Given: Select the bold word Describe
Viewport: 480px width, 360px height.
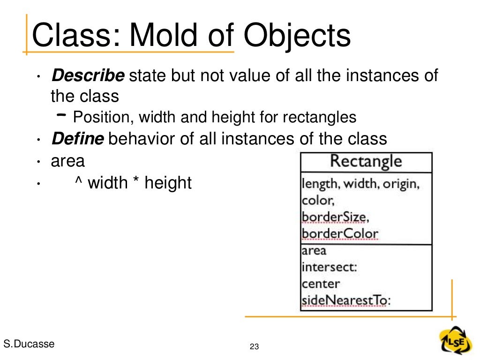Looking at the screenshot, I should (x=88, y=75).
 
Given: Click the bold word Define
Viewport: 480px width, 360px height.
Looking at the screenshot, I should (x=78, y=139).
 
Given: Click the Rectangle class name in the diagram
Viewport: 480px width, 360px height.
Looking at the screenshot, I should (x=366, y=161).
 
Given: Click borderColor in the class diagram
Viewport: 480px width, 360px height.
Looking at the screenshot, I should (x=339, y=233).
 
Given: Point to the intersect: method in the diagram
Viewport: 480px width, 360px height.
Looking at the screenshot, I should (x=329, y=267).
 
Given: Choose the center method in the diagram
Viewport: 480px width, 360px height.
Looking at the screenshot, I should (x=321, y=284).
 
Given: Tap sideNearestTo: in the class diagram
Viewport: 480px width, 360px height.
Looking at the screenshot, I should (x=345, y=300).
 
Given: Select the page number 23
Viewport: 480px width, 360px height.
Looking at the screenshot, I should (x=255, y=347).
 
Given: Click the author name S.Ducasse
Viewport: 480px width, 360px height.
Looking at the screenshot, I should (x=29, y=344).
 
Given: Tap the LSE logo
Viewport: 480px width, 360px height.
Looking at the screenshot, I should (x=452, y=339).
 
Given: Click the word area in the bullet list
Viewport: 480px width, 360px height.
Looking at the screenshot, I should (x=67, y=161).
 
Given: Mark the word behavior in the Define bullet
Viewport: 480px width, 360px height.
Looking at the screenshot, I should (x=143, y=139).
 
